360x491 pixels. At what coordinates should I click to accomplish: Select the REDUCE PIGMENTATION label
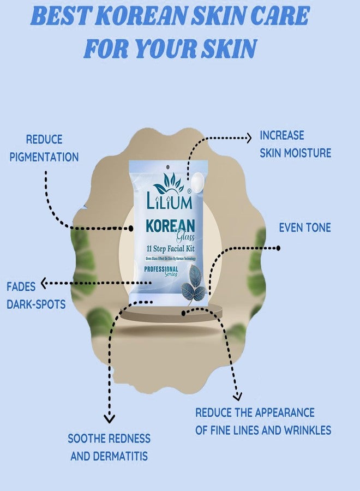[44, 148]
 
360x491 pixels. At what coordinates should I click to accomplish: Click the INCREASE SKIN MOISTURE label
[295, 144]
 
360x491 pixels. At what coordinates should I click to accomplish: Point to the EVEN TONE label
[305, 227]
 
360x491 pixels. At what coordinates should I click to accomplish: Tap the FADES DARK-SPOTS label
[35, 295]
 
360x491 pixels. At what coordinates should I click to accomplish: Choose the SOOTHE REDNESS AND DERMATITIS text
[109, 447]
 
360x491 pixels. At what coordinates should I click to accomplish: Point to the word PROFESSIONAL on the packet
[161, 269]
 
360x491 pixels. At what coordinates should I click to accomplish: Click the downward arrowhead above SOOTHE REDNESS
[109, 418]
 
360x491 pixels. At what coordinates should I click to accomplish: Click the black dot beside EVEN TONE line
[278, 248]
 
